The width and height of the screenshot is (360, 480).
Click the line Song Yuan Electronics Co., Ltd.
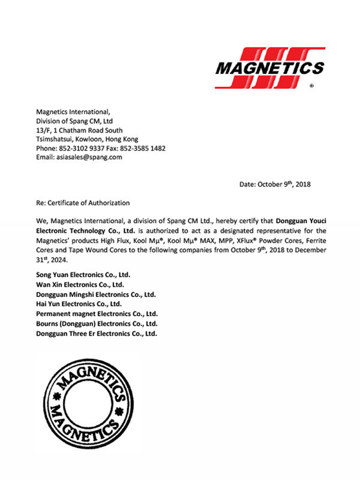click(83, 275)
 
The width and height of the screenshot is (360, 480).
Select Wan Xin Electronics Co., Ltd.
click(80, 284)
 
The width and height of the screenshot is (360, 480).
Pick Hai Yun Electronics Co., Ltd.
click(79, 304)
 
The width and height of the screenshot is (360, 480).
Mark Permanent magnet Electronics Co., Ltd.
click(97, 314)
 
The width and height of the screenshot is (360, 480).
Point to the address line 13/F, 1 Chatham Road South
click(79, 130)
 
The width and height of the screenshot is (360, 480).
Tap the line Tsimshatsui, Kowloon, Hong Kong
click(88, 139)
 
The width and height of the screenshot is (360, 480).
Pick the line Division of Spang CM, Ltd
click(74, 121)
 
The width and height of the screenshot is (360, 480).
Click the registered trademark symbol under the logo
click(311, 86)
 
